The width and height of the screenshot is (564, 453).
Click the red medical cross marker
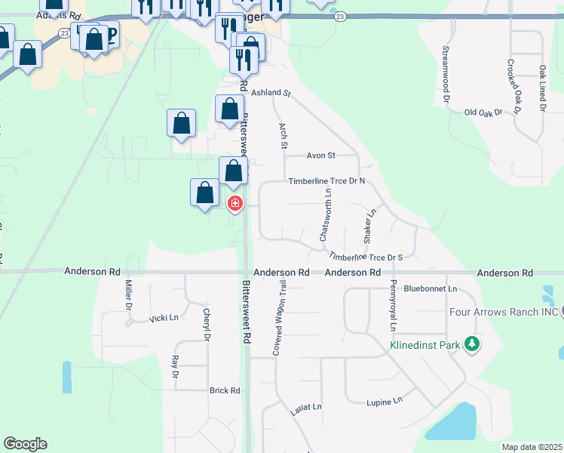coord(235,203)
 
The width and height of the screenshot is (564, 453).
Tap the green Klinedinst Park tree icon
coord(472,344)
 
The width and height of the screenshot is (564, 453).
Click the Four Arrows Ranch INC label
coord(503,312)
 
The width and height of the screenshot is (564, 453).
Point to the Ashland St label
coord(271,93)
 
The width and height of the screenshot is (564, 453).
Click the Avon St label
coord(320,156)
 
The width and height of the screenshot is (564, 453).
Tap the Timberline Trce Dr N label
coord(326,181)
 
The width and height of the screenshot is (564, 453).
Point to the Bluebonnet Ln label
coord(431,288)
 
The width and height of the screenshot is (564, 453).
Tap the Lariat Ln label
coord(306,410)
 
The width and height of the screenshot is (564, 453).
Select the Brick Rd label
coord(224,390)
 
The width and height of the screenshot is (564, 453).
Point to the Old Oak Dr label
coord(483,112)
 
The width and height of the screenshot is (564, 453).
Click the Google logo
coord(25,444)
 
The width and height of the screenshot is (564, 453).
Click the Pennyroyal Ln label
coord(393,305)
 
